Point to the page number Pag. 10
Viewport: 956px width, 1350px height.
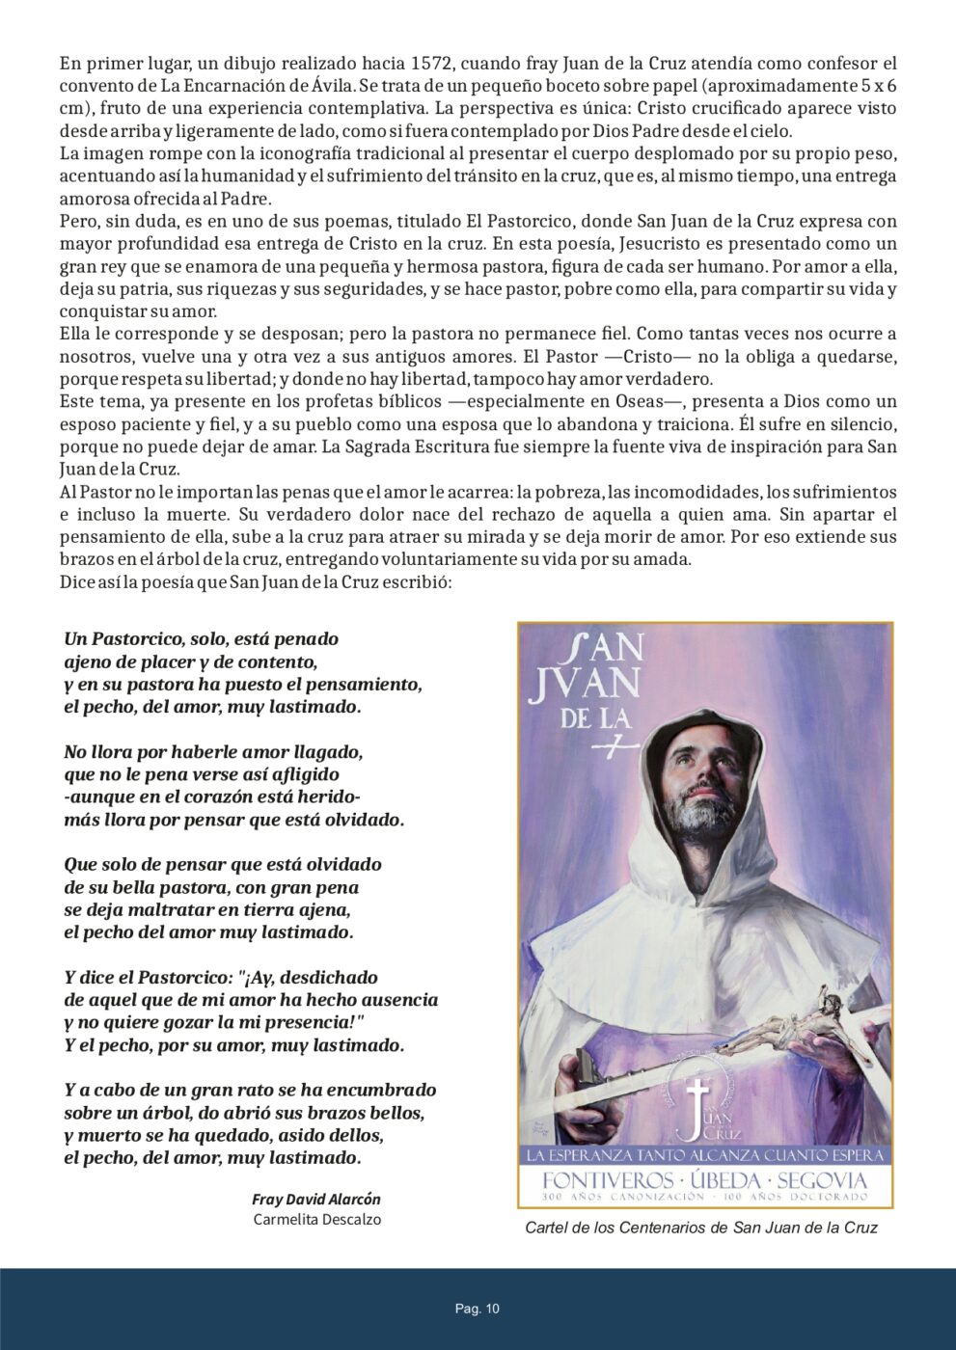pos(478,1309)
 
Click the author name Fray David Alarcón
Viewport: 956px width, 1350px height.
pos(316,1200)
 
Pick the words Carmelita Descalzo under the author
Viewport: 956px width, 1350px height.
pos(316,1220)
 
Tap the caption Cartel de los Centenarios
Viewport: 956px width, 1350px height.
pos(700,1228)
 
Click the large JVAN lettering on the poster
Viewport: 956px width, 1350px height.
pos(586,684)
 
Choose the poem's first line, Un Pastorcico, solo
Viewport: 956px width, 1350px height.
pos(201,639)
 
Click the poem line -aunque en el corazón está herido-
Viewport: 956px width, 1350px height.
pos(212,797)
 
